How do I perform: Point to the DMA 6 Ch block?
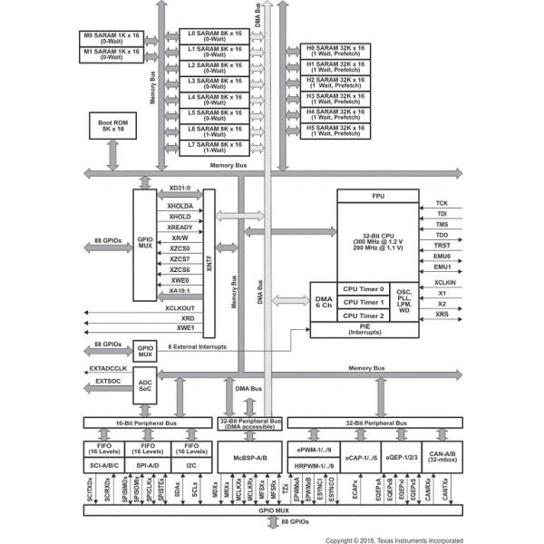[x=323, y=302]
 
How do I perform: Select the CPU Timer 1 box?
[x=363, y=302]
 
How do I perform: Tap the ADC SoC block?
[x=144, y=384]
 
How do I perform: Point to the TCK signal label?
[x=442, y=203]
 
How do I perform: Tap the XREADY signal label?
[x=180, y=228]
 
